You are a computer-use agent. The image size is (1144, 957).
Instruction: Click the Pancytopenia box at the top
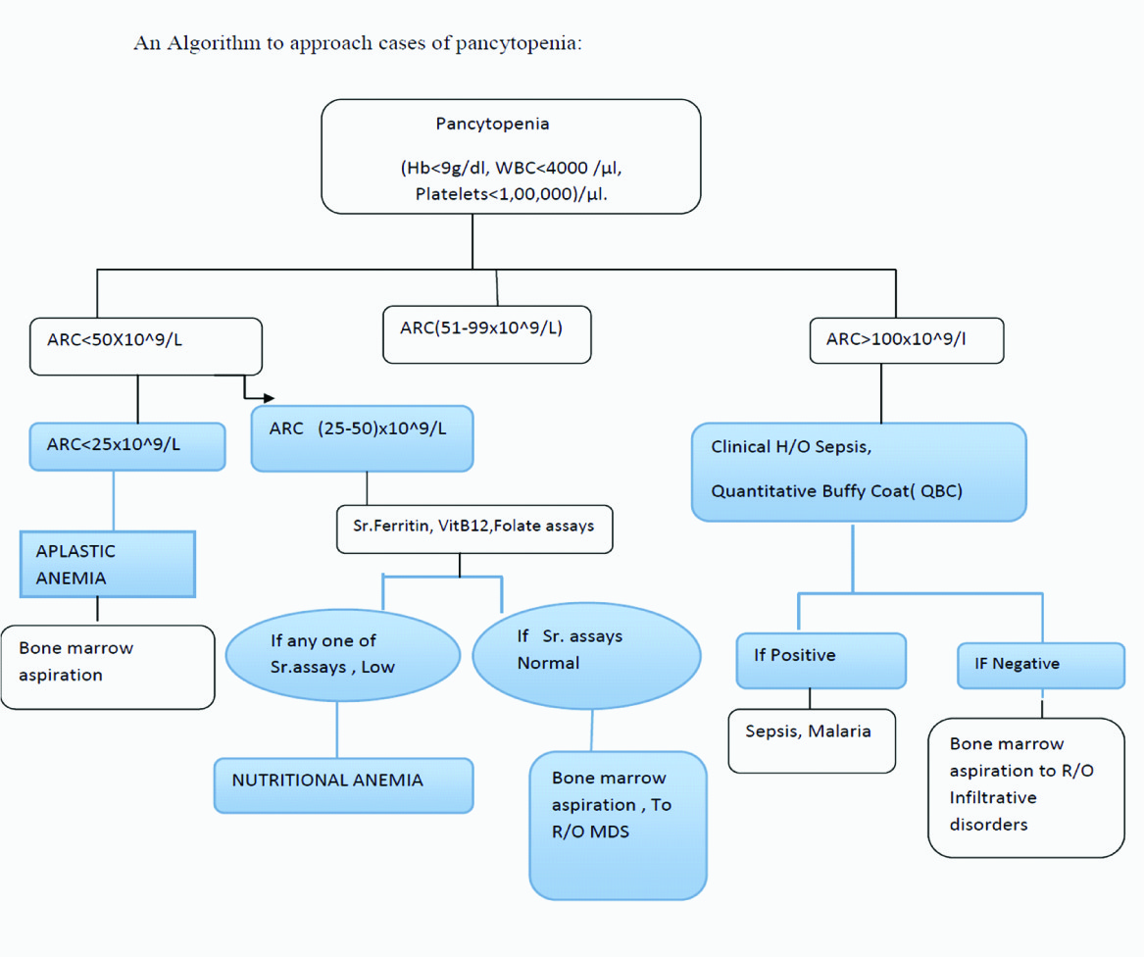point(511,157)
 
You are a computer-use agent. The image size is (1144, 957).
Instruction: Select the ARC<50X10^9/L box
point(146,346)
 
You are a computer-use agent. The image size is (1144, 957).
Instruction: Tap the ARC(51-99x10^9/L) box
point(487,335)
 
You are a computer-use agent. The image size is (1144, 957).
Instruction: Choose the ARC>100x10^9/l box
point(907,342)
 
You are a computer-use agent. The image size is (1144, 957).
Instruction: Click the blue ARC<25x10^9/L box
point(127,446)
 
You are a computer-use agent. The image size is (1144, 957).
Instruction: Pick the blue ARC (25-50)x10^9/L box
point(363,439)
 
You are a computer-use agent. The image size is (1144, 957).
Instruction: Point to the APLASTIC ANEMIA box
point(108,564)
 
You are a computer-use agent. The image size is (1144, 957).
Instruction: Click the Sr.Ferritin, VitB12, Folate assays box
point(474,527)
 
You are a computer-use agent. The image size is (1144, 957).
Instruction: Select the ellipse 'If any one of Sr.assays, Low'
point(342,654)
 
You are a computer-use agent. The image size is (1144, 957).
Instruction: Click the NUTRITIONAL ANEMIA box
point(343,784)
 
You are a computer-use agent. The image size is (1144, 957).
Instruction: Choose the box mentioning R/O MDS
point(618,825)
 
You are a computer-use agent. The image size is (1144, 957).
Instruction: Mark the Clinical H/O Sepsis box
point(859,472)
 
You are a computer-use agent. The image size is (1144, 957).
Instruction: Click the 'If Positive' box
point(821,659)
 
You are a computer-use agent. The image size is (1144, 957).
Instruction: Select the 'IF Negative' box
point(1041,666)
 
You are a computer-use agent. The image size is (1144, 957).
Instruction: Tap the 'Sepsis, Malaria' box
point(812,740)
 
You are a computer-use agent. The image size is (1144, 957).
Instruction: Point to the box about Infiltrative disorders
point(1025,787)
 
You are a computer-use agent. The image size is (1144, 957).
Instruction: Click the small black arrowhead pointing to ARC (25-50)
point(269,398)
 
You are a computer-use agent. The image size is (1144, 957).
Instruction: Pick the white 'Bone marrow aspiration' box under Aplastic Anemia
point(108,667)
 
